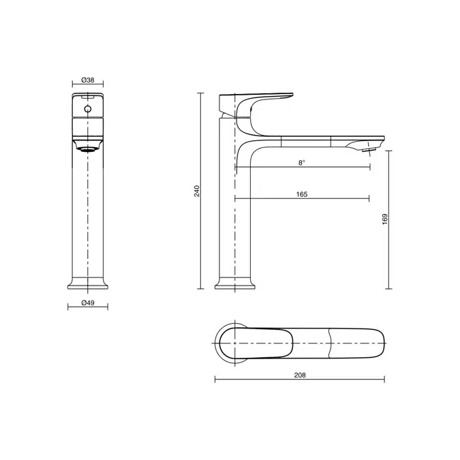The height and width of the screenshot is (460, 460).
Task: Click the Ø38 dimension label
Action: (x=87, y=79)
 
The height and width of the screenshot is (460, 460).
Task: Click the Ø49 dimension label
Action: (x=87, y=302)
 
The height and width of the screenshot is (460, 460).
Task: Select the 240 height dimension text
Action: (x=196, y=191)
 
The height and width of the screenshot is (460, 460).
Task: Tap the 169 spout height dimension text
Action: (x=385, y=219)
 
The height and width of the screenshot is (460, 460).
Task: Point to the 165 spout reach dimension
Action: (x=302, y=194)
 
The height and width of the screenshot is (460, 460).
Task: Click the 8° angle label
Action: (x=302, y=162)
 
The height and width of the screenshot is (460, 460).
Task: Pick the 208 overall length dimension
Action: (x=299, y=375)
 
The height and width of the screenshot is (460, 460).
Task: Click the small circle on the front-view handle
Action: (x=87, y=108)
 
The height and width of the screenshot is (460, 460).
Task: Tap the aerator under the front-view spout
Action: (x=87, y=147)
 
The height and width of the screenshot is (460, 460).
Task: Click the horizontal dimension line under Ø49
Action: (x=87, y=308)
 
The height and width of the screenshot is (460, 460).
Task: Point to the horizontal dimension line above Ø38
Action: (x=87, y=85)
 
